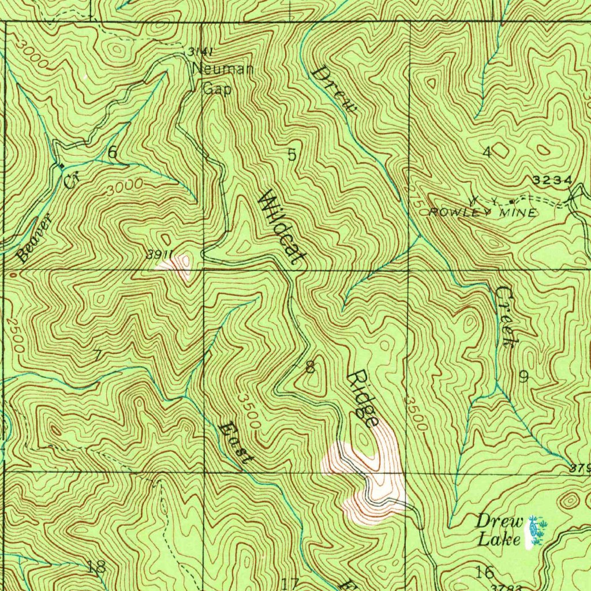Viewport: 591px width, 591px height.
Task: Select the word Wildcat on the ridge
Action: click(x=282, y=228)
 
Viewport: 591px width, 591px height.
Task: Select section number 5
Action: click(x=292, y=154)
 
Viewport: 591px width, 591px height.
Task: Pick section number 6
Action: click(x=112, y=152)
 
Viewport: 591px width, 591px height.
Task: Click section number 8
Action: click(x=311, y=366)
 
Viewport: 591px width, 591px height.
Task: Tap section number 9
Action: click(x=523, y=377)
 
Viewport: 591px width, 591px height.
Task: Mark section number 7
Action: click(x=97, y=355)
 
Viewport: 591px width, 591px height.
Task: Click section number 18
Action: click(x=96, y=567)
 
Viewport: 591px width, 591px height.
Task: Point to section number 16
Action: click(x=485, y=573)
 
